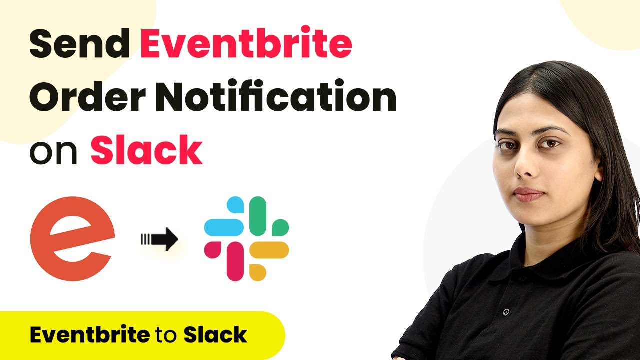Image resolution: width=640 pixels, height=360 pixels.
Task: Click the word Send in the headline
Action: [79, 43]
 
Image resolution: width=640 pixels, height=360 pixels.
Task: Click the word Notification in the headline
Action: [275, 95]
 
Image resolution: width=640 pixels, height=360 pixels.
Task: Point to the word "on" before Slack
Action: [53, 152]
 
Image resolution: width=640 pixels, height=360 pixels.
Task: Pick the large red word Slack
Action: [146, 149]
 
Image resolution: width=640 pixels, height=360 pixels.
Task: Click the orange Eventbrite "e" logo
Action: [72, 238]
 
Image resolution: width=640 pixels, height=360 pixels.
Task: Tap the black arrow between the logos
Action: [160, 239]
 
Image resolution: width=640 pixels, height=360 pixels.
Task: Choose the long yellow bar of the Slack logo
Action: [269, 250]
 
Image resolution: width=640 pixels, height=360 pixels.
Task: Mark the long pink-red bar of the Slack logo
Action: [235, 261]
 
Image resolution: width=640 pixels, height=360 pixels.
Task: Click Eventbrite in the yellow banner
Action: [90, 334]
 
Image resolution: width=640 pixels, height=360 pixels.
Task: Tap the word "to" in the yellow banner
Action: [166, 335]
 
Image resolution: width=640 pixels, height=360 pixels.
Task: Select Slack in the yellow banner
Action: [215, 334]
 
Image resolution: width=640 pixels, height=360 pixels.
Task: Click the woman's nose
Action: [523, 165]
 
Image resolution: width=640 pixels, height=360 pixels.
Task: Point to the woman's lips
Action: [528, 195]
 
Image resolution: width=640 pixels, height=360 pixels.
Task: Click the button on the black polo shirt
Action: [506, 312]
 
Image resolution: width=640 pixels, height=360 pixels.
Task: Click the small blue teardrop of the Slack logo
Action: [235, 205]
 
